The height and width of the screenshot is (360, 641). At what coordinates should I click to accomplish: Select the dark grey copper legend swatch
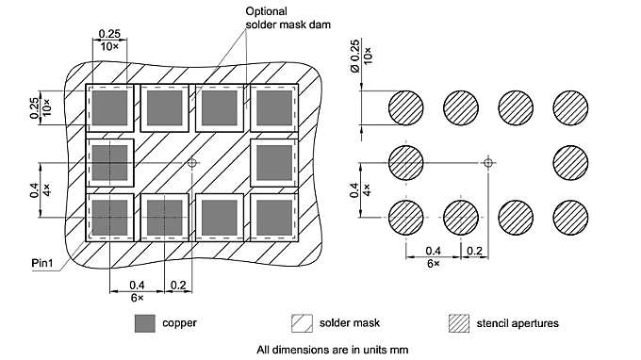143,323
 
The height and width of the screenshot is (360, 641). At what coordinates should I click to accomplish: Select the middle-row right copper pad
272,162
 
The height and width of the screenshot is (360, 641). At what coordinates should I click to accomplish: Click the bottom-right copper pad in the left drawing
272,217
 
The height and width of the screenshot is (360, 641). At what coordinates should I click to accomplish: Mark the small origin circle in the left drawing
192,162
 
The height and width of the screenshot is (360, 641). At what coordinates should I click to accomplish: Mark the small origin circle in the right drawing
487,162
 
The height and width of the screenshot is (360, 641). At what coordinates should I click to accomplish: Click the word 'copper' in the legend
179,323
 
